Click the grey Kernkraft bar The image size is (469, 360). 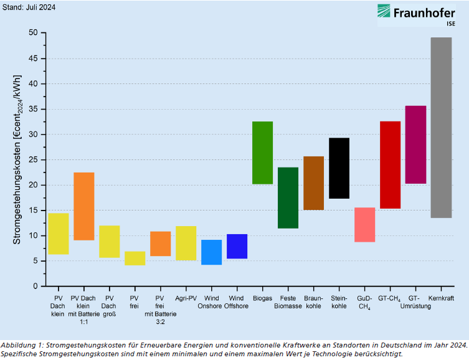[x=441, y=128]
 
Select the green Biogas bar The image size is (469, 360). [x=262, y=153]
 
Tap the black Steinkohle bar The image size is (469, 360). [x=339, y=168]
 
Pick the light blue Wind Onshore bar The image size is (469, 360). [x=211, y=252]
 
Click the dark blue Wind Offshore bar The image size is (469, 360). [x=237, y=246]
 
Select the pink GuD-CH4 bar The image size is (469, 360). [x=364, y=225]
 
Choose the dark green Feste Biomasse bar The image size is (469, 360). [x=288, y=197]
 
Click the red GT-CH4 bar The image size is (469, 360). [x=390, y=165]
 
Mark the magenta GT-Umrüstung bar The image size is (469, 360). [x=415, y=144]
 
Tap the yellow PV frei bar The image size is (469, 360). [x=135, y=258]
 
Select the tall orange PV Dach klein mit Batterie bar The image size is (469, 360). [x=83, y=206]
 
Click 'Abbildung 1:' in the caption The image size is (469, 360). [x=21, y=344]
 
